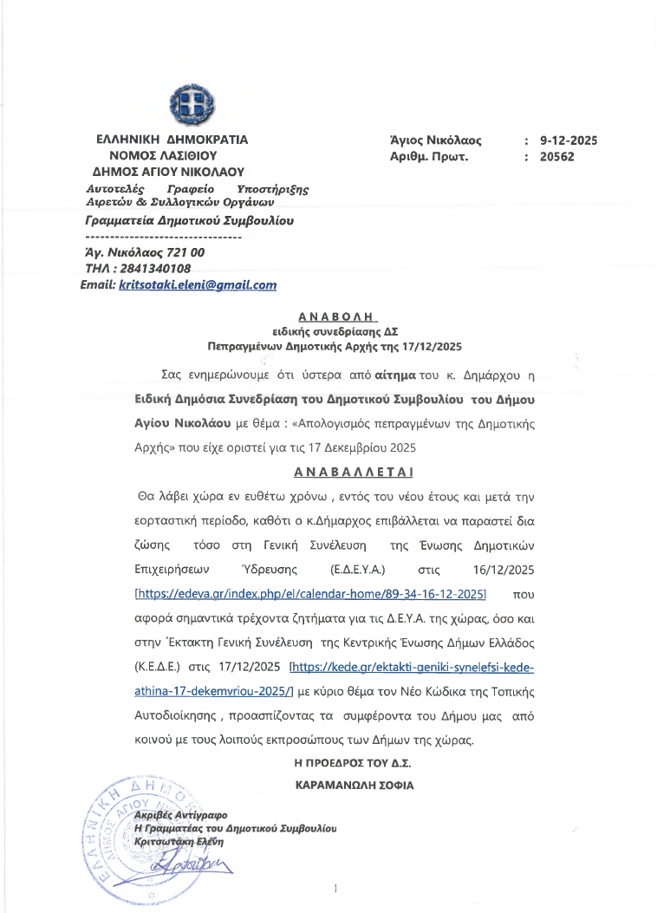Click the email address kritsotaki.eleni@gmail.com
tap(197, 284)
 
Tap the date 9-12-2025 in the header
tap(569, 140)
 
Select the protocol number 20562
tap(556, 157)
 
